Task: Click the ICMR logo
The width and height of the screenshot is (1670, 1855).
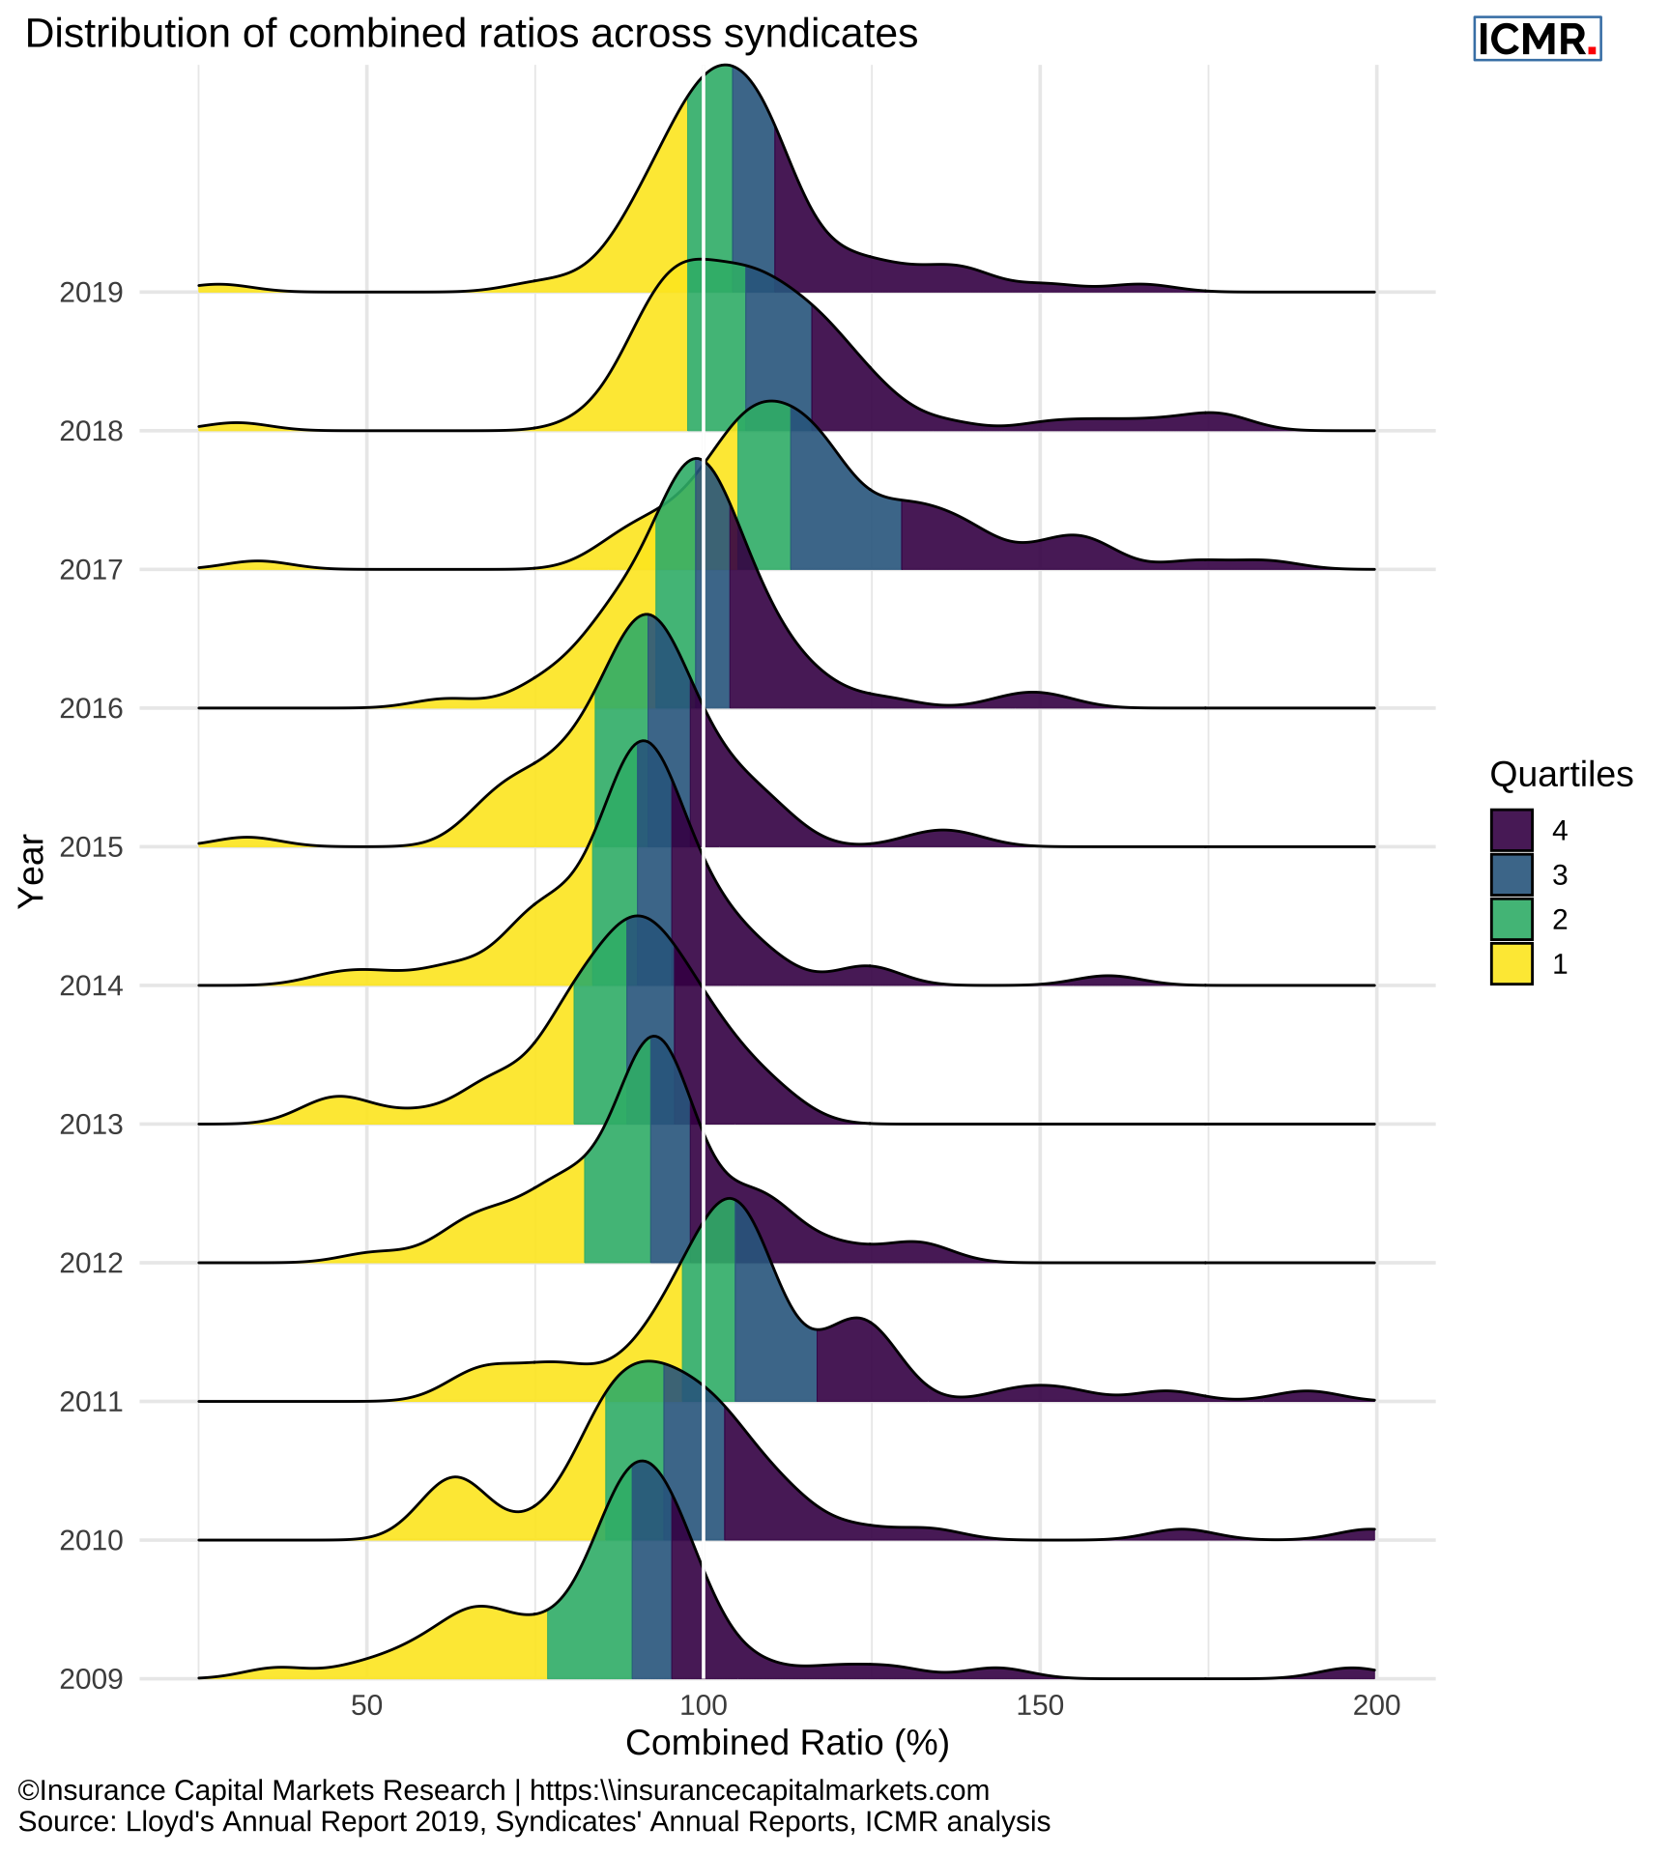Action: (1537, 40)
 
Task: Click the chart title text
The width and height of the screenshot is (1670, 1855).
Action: (471, 35)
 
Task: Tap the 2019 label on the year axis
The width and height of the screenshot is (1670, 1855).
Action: (92, 293)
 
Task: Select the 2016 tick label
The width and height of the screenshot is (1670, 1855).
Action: (92, 709)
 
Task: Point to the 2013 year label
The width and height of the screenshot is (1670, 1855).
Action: (92, 1126)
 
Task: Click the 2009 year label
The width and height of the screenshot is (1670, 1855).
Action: (92, 1680)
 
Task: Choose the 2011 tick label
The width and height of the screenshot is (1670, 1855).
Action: (92, 1403)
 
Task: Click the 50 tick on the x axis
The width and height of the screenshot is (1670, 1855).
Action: (366, 1706)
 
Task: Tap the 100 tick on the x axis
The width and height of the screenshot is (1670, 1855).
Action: (703, 1706)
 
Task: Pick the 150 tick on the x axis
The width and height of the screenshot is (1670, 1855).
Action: (1039, 1706)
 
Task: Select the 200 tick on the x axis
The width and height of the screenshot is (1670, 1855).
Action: (1375, 1706)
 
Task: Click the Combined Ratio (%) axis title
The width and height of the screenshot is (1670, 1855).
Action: (787, 1744)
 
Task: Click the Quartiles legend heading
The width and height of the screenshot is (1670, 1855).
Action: (1561, 775)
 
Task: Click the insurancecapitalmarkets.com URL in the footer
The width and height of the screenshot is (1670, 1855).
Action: (760, 1790)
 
